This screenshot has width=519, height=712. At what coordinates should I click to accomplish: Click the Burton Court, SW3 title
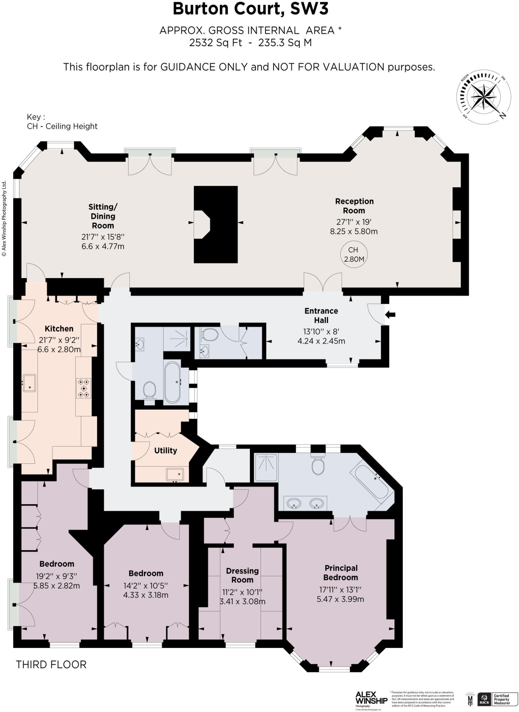tap(250, 9)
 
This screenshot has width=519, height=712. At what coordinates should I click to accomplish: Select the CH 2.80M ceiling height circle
tap(353, 254)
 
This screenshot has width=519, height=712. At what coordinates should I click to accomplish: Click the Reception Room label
tap(354, 206)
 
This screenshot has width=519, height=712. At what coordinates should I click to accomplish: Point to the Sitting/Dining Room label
tap(103, 216)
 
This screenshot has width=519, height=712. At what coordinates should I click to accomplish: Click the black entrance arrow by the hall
tap(391, 315)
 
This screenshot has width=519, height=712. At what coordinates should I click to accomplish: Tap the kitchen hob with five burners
tap(84, 388)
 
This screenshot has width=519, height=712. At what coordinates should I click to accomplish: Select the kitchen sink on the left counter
tap(30, 383)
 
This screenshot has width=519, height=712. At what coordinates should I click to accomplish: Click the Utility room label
tap(166, 450)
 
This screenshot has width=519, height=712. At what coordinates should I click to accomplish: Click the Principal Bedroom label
tap(341, 573)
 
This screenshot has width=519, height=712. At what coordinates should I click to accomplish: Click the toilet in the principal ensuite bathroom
tap(318, 465)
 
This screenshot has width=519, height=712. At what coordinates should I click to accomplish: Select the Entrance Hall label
tap(321, 315)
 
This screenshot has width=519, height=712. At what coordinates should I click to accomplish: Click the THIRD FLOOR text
tap(51, 664)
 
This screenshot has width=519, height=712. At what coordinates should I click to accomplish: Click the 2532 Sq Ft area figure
tap(215, 43)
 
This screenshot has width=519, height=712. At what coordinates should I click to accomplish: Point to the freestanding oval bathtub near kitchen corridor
tap(172, 382)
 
